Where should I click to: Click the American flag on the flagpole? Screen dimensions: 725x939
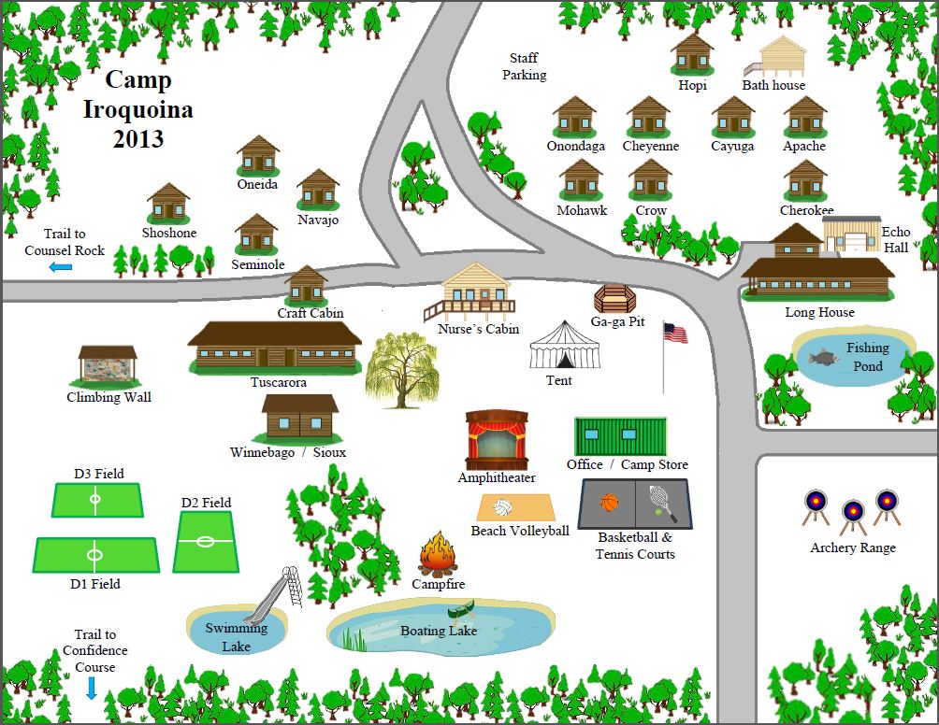(674, 333)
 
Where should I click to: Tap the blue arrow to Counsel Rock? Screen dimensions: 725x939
(61, 268)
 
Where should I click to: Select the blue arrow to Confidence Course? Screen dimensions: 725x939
(92, 689)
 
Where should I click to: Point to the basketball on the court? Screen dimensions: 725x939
(610, 503)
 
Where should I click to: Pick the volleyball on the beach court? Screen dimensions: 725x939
(504, 509)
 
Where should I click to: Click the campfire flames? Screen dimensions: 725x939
(436, 554)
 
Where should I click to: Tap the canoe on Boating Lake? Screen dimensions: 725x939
(462, 611)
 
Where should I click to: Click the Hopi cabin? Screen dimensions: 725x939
(692, 55)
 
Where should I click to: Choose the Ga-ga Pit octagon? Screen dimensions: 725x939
(614, 300)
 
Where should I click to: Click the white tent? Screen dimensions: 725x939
(564, 346)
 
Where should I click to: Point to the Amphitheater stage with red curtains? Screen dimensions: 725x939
(497, 439)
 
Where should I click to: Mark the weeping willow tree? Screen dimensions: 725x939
(401, 369)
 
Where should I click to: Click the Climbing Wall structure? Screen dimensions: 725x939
(108, 367)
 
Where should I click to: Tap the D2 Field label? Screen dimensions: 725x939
(206, 503)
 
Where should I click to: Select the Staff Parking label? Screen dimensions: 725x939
(525, 66)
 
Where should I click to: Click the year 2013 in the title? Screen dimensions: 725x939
(137, 139)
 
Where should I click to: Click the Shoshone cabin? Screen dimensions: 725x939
(168, 203)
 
